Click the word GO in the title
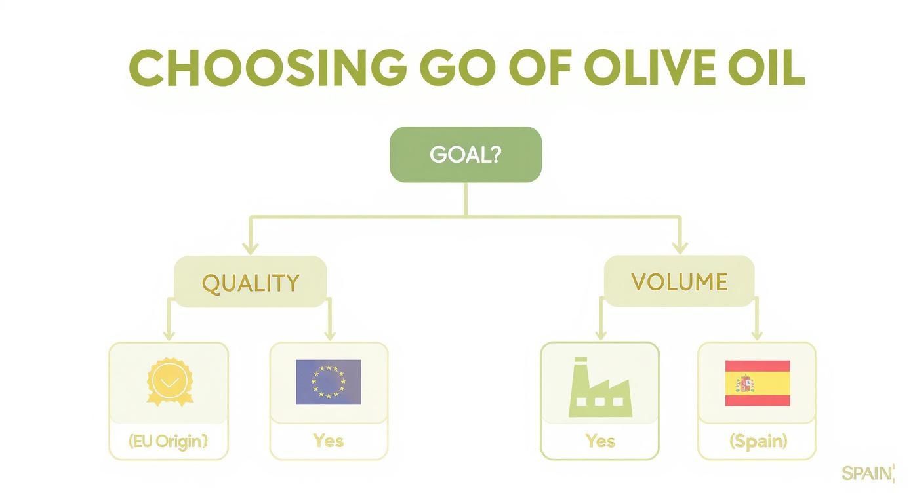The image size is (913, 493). click(450, 68)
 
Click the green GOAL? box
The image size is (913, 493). click(465, 155)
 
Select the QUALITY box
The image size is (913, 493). click(250, 283)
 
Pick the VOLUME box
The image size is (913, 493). click(679, 282)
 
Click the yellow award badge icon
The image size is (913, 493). click(169, 382)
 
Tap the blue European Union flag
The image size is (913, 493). click(328, 382)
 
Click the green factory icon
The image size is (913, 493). click(599, 388)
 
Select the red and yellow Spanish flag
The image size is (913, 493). click(757, 383)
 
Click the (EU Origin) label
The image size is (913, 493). click(168, 441)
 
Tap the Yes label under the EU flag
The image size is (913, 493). click(328, 441)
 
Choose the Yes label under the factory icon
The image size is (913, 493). click(599, 441)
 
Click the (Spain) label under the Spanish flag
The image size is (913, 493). click(758, 441)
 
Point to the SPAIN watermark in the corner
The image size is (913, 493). click(867, 473)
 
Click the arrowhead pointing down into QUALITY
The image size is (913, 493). click(250, 248)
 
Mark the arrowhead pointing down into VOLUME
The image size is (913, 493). click(680, 248)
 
